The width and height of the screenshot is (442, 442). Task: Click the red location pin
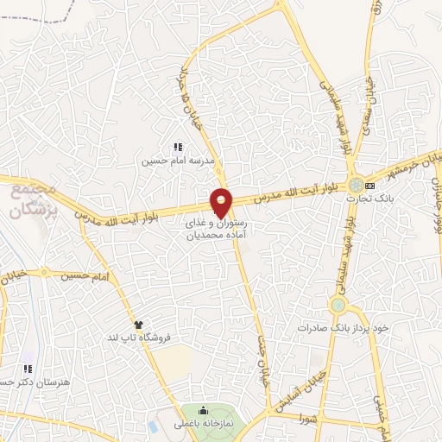[222, 202]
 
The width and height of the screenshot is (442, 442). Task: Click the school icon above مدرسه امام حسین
[178, 148]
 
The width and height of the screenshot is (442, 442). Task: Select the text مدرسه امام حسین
[178, 161]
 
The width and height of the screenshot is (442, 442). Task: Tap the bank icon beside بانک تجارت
[369, 185]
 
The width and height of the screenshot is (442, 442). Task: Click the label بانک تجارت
[364, 198]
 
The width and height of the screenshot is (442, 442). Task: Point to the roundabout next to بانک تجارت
[355, 185]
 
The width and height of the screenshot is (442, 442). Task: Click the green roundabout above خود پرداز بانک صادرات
[338, 305]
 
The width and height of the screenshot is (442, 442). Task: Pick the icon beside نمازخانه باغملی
[204, 410]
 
